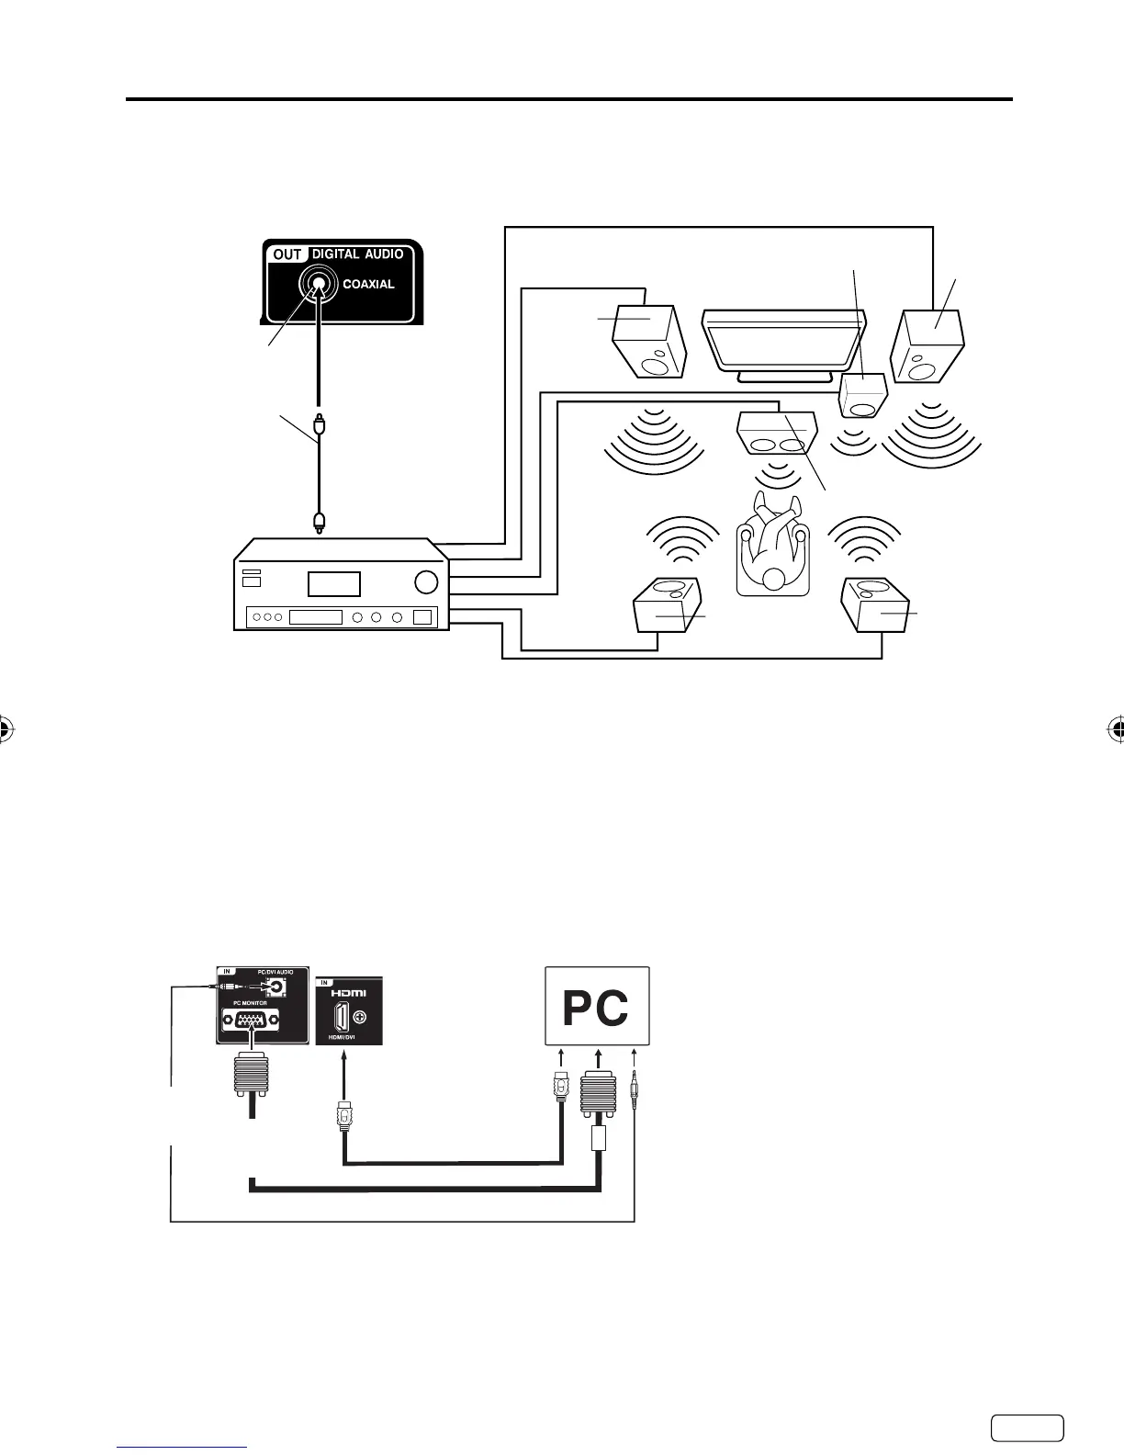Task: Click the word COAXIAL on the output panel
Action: pos(368,284)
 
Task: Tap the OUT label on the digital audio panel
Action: pos(287,254)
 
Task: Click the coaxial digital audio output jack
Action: pos(318,285)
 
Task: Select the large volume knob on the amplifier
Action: pos(425,582)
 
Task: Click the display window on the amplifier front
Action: pos(333,583)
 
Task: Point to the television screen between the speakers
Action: pos(781,340)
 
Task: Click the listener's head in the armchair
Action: pos(775,579)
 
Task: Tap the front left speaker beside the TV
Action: pos(649,342)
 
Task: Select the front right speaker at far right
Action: pos(928,346)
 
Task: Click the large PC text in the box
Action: pos(596,1008)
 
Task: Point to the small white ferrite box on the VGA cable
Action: pos(598,1139)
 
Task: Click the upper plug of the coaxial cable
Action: pos(318,425)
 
